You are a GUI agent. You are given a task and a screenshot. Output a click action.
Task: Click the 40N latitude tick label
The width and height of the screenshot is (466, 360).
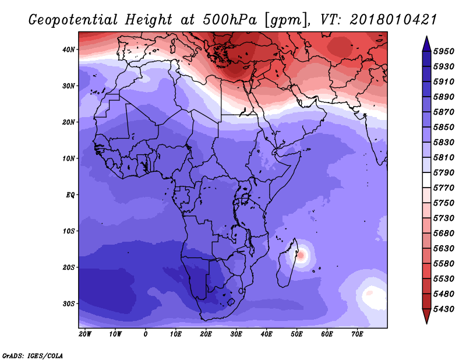pyautogui.click(x=69, y=50)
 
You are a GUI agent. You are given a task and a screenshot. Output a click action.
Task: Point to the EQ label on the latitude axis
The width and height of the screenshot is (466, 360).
pyautogui.click(x=70, y=195)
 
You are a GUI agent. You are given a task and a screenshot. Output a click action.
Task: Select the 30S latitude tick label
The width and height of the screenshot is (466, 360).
pyautogui.click(x=69, y=304)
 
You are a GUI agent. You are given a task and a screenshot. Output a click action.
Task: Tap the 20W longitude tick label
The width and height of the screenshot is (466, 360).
pyautogui.click(x=85, y=334)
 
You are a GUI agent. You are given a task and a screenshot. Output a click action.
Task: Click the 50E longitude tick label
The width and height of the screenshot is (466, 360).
pyautogui.click(x=296, y=334)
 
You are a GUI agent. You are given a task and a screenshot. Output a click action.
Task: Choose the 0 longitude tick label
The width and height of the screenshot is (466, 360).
pyautogui.click(x=145, y=334)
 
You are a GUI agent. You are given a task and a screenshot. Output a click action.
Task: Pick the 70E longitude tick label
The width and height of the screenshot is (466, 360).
pyautogui.click(x=357, y=334)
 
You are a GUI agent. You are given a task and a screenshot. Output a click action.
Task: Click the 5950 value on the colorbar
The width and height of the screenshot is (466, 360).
pyautogui.click(x=444, y=51)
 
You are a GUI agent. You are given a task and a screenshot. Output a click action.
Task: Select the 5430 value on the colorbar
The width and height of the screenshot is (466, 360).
pyautogui.click(x=444, y=309)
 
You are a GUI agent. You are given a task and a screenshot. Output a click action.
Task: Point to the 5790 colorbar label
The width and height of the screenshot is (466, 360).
pyautogui.click(x=444, y=172)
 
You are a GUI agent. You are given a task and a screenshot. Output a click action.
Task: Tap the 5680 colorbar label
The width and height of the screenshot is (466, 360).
pyautogui.click(x=444, y=234)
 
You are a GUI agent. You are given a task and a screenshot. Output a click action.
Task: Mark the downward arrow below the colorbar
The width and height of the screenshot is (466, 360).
pyautogui.click(x=426, y=316)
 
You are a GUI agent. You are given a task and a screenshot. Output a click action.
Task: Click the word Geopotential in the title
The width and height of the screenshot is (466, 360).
pyautogui.click(x=73, y=20)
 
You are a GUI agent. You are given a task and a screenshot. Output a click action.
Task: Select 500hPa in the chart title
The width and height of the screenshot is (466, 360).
pyautogui.click(x=230, y=20)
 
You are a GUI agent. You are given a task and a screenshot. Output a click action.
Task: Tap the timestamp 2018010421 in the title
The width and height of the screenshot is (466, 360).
pyautogui.click(x=393, y=20)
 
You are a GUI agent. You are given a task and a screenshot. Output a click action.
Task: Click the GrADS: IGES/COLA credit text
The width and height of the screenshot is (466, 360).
pyautogui.click(x=33, y=356)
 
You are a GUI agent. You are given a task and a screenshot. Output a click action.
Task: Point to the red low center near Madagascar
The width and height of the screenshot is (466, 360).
pyautogui.click(x=301, y=255)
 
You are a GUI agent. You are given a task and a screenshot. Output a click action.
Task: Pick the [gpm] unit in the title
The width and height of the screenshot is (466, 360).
pyautogui.click(x=287, y=20)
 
